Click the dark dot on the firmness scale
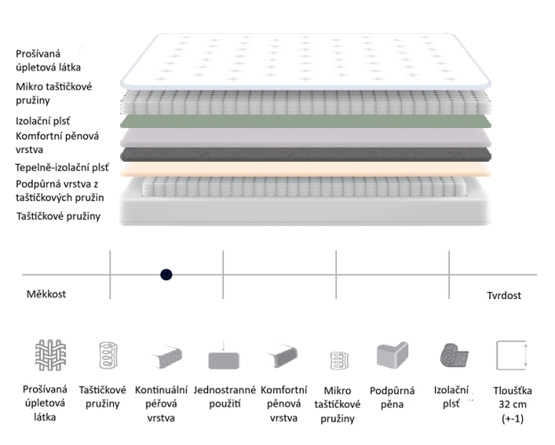tap(166, 275)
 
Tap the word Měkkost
tap(46, 294)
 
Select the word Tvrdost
tap(503, 295)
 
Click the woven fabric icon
tap(51, 355)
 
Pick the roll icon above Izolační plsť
tap(454, 355)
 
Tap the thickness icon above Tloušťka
tap(512, 355)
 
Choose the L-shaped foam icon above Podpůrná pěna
tap(392, 355)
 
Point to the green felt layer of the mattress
tap(305, 121)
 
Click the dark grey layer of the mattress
tap(305, 155)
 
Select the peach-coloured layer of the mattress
tap(305, 169)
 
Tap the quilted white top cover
tap(305, 61)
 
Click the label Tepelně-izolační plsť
tap(62, 167)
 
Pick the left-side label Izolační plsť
tap(43, 121)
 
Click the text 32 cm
tap(512, 405)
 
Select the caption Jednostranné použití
tap(224, 397)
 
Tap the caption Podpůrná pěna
tap(392, 398)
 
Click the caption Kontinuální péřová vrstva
tap(161, 404)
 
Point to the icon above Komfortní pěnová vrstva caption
tap(282, 355)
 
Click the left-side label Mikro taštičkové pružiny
tap(53, 93)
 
